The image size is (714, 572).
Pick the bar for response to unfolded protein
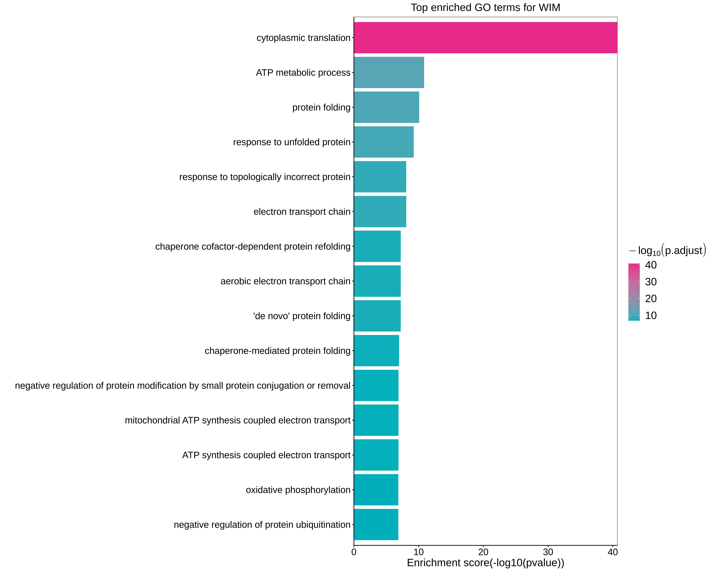pos(383,142)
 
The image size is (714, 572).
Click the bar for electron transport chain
pos(380,212)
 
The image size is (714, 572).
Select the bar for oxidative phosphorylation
pos(376,490)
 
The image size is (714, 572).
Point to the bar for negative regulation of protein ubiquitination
pos(376,525)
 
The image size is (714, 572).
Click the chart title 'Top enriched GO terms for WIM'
pos(485,8)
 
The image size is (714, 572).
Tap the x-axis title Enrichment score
pos(485,563)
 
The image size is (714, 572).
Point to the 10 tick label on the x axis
pos(419,552)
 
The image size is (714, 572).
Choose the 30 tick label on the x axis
pos(548,552)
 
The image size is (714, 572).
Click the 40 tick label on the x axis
pos(613,552)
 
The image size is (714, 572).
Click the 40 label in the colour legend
pos(651,265)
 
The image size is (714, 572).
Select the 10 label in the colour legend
pos(651,315)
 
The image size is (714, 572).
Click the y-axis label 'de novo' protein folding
pos(302,316)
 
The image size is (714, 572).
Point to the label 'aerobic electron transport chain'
pos(286,281)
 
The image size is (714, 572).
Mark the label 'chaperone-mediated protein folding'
pos(278,351)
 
